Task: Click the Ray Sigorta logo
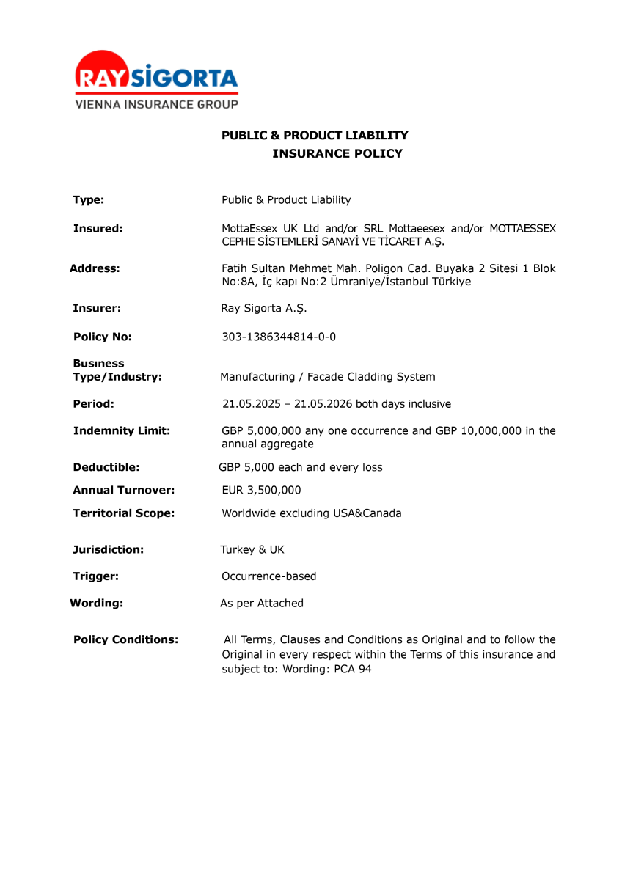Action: point(156,73)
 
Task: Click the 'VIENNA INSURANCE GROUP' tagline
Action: point(156,105)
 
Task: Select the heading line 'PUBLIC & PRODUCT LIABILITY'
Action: point(315,136)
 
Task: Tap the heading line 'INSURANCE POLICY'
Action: point(337,153)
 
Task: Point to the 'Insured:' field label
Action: point(98,229)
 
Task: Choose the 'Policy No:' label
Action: point(102,337)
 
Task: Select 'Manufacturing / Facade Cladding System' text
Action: point(327,377)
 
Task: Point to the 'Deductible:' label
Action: point(106,467)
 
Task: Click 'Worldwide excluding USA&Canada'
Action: point(311,513)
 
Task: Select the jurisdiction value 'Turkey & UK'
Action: point(252,550)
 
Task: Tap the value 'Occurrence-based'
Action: point(268,576)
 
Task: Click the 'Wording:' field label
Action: point(96,604)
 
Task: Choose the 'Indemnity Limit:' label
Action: point(121,431)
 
